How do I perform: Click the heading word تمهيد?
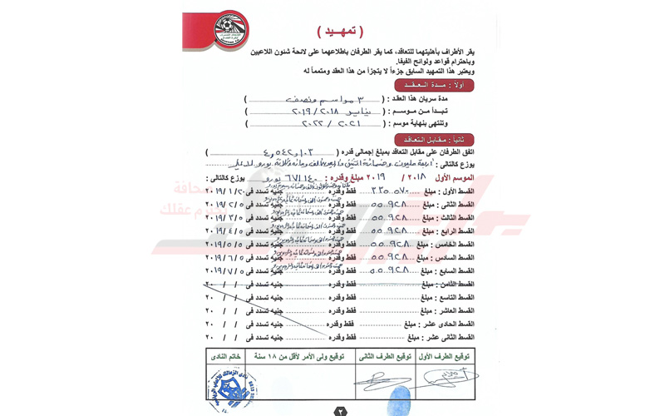pyautogui.click(x=341, y=31)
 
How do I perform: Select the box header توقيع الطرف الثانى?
pyautogui.click(x=384, y=356)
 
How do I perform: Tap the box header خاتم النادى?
pyautogui.click(x=227, y=356)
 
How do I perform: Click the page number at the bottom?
pyautogui.click(x=341, y=409)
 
